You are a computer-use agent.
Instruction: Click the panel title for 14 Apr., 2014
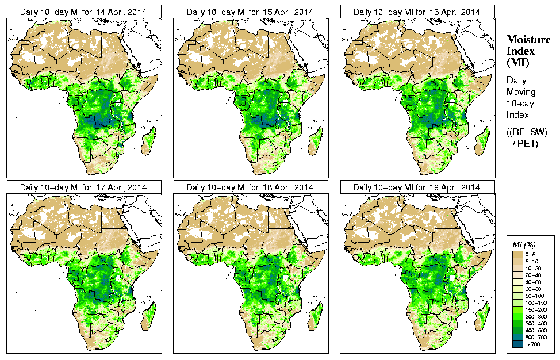click(x=83, y=12)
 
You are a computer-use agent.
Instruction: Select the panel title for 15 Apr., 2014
click(x=250, y=12)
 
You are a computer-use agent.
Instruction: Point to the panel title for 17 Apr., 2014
click(x=83, y=187)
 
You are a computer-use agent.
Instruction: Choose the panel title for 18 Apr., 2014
click(x=250, y=187)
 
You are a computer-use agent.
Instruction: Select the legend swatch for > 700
click(x=516, y=344)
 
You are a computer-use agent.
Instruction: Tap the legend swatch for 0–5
click(x=516, y=254)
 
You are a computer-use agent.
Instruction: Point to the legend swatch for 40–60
click(x=516, y=281)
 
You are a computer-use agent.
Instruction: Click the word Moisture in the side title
click(x=528, y=39)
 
